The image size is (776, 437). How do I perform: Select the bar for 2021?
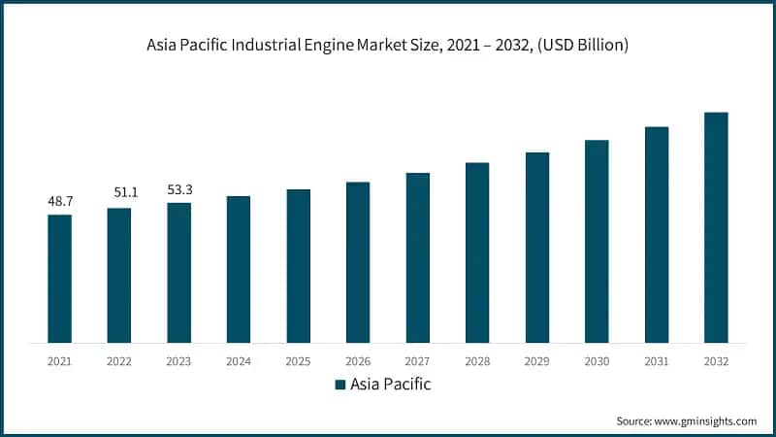click(59, 279)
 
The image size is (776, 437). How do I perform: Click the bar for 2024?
click(239, 269)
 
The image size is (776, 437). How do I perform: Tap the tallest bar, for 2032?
click(716, 227)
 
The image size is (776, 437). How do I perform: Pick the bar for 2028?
click(477, 252)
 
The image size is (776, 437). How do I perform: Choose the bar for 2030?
click(597, 241)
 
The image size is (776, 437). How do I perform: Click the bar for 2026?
click(358, 262)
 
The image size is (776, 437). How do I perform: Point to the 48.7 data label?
click(60, 201)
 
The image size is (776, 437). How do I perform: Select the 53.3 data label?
click(178, 189)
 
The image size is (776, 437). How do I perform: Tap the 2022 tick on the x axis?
click(119, 360)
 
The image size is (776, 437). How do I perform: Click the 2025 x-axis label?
click(298, 360)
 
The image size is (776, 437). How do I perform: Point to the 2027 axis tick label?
click(417, 360)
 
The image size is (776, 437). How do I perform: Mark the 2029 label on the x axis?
click(536, 360)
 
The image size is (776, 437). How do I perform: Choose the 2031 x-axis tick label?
click(657, 360)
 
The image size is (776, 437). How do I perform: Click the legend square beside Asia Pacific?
click(340, 385)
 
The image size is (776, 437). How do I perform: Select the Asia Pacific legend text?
click(391, 385)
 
